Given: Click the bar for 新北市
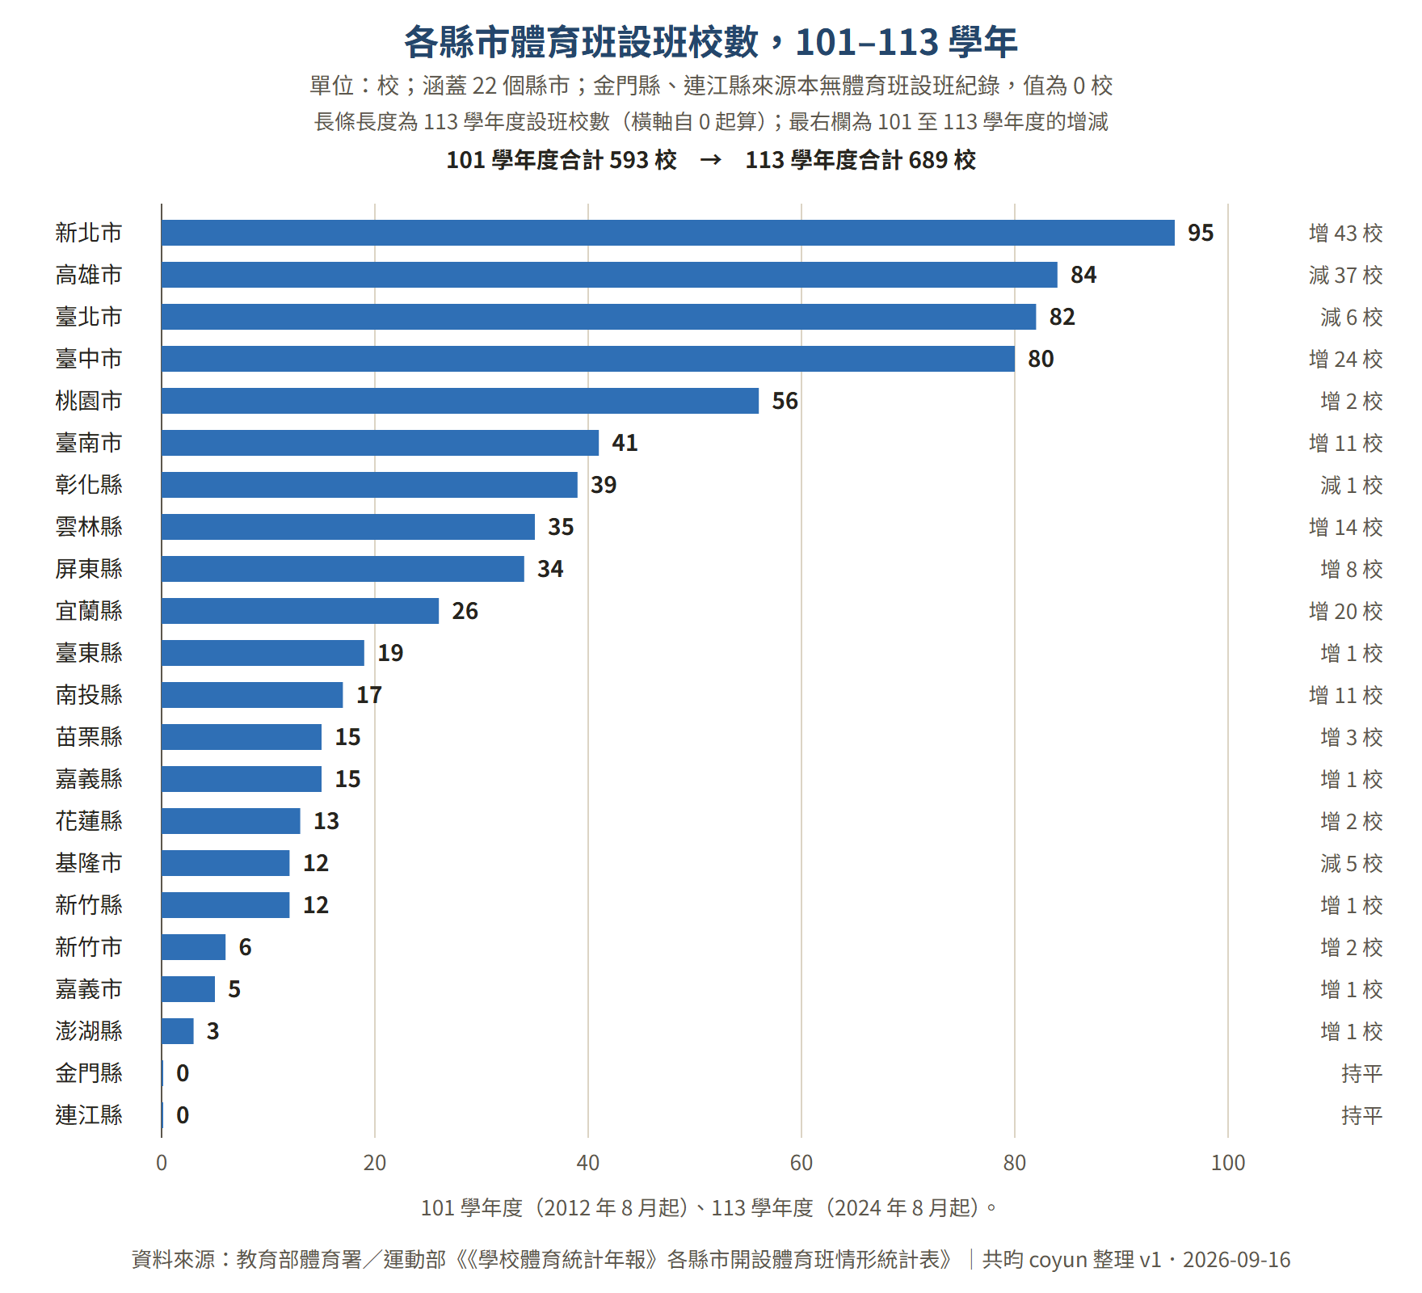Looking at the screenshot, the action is (x=668, y=233).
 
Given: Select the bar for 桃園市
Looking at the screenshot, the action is (x=460, y=401).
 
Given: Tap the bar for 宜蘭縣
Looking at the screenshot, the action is (x=300, y=611).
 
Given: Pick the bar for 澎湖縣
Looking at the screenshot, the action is (x=178, y=1031).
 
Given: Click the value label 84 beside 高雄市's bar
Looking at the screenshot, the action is (x=1083, y=275).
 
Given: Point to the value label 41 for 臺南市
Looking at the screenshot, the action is (x=625, y=443).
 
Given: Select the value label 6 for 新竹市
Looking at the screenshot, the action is (x=245, y=947).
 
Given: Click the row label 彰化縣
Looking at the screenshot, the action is (x=89, y=485).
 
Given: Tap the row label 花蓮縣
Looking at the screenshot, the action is (x=89, y=821).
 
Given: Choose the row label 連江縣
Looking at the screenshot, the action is (x=89, y=1115).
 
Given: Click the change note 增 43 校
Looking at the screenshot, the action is (x=1345, y=233).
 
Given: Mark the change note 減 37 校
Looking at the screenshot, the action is (x=1345, y=275).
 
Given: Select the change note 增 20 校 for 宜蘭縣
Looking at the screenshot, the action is (x=1345, y=611).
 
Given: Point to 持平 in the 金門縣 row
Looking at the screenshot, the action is (x=1361, y=1073).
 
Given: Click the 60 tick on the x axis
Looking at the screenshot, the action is (x=801, y=1163).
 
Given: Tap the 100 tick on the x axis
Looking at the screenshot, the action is (x=1228, y=1163).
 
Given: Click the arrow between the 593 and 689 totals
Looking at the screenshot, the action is (x=711, y=160).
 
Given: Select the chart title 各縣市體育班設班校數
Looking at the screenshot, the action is (x=581, y=42).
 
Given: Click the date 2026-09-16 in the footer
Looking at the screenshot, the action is (x=1237, y=1260).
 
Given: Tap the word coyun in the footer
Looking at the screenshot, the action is (x=1057, y=1261).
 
